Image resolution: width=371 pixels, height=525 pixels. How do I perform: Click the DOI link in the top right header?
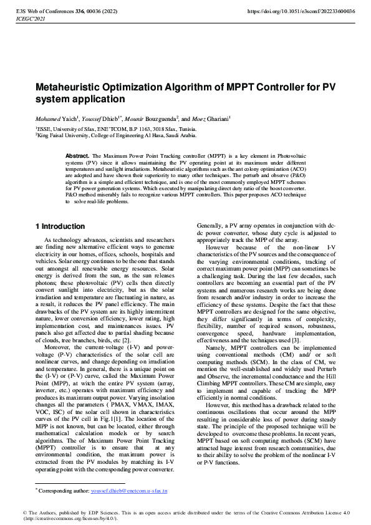tap(301, 11)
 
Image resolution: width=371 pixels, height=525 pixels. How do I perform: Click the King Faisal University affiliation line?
tap(105, 134)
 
